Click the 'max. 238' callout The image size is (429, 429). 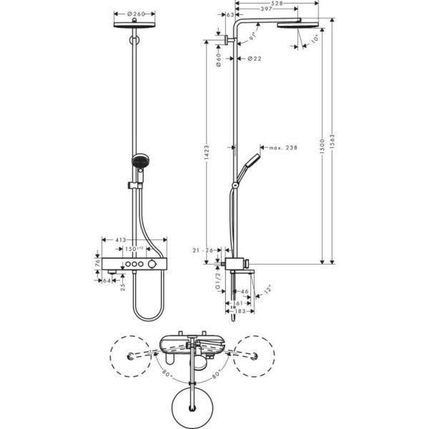(x=282, y=148)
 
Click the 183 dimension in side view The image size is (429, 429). (x=235, y=312)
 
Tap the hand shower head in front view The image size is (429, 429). (x=137, y=163)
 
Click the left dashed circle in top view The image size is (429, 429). (x=132, y=356)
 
